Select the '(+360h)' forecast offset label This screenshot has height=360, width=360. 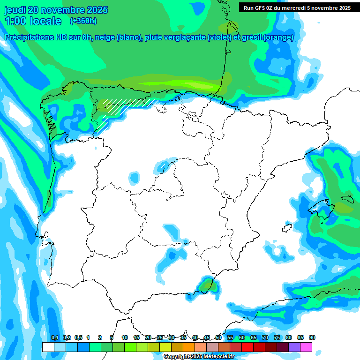pos(83,21)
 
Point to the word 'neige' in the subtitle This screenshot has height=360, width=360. pos(105,37)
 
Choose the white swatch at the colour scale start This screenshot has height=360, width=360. pos(48,347)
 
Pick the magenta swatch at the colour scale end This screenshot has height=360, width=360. pos(306,347)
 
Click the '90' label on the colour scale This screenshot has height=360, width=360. pos(312,337)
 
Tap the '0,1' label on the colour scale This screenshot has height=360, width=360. pos(54,337)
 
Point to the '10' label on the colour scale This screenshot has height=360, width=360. pos(125,337)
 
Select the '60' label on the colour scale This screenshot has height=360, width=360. pos(242,337)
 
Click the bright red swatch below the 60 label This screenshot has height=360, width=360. pos(247,347)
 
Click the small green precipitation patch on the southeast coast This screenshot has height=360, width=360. pos(207,284)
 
